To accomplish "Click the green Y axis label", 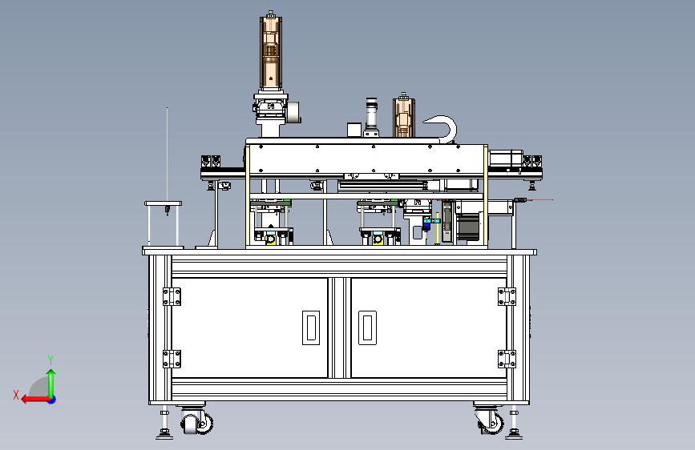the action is coord(51,360).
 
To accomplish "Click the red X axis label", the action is coord(16,395).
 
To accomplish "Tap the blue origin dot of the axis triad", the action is coord(52,400).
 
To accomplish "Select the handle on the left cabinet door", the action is coord(311,327).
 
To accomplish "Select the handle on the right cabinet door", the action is coord(367,327).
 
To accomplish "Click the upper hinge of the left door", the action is coord(172,297).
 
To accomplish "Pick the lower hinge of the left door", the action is coord(172,359).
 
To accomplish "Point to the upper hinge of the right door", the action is coord(507,297).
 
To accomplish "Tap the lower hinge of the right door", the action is coord(507,359).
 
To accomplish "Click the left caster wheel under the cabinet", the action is coord(196,423).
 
